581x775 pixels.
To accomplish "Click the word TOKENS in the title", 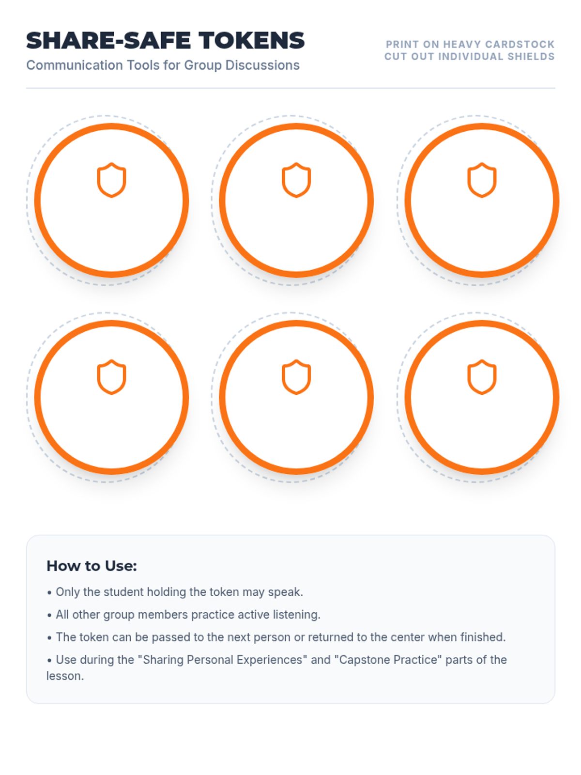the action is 251,40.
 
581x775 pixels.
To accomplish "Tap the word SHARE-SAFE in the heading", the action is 108,40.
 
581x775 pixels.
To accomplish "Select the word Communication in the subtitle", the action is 75,65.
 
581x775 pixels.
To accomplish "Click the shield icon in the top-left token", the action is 111,180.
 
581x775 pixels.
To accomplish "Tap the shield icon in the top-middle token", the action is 296,180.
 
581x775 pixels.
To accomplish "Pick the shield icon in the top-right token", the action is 482,180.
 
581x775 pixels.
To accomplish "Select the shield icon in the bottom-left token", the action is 111,377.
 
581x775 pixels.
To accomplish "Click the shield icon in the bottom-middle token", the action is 296,377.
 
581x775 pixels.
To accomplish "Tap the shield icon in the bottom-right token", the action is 482,377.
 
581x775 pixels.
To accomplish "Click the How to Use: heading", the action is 92,566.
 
